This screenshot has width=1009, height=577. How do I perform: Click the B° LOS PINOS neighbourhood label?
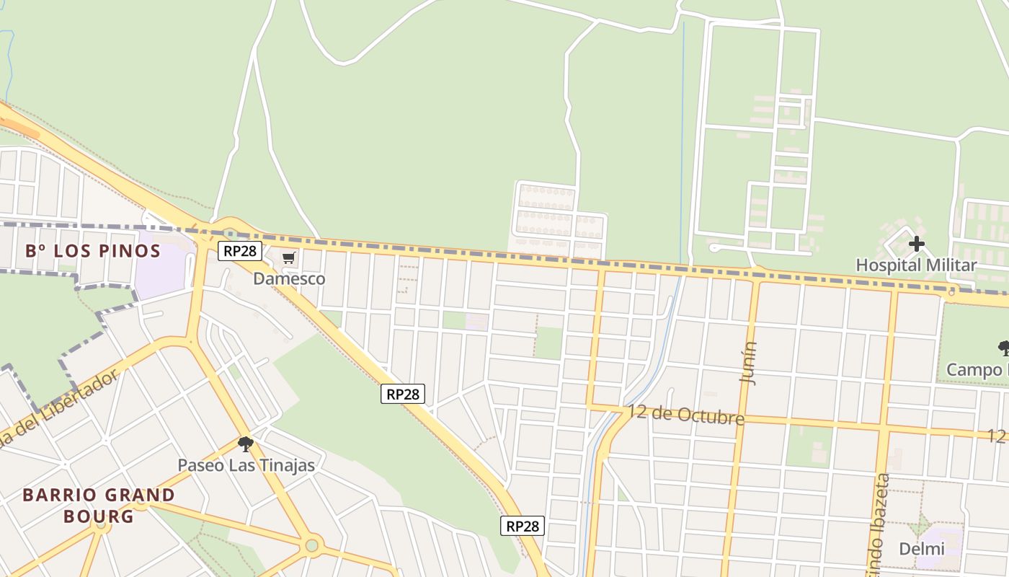click(93, 251)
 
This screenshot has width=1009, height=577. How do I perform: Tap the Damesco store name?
click(289, 278)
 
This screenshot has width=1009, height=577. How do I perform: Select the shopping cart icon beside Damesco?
click(288, 258)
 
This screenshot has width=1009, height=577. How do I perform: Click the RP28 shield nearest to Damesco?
click(240, 251)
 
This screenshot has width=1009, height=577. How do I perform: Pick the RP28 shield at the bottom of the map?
click(522, 526)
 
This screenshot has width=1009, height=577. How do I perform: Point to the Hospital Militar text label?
click(915, 265)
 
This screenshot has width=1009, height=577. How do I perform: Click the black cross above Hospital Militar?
click(916, 244)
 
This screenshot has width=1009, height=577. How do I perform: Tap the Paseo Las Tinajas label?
click(246, 465)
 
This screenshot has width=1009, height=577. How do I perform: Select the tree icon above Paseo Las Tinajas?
click(245, 444)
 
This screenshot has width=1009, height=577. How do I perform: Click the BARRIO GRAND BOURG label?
click(99, 505)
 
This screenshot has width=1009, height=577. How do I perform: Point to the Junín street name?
click(749, 364)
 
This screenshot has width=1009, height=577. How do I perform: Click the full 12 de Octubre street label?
click(685, 415)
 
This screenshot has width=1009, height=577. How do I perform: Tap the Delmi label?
click(921, 549)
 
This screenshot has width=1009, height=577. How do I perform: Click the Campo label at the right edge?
click(977, 370)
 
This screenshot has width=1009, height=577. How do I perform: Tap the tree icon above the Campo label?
click(1003, 349)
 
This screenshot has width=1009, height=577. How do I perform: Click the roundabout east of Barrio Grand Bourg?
click(311, 545)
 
